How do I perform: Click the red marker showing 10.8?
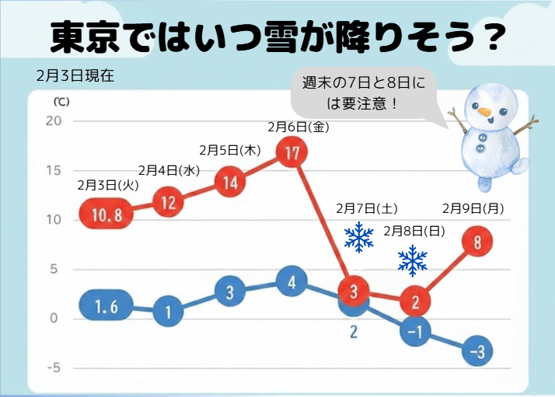pyautogui.click(x=107, y=215)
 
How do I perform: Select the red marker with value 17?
pyautogui.click(x=291, y=153)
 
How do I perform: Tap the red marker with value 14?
pyautogui.click(x=230, y=183)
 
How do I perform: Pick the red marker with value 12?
pyautogui.click(x=169, y=204)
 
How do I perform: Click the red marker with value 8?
pyautogui.click(x=476, y=242)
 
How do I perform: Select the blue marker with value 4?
pyautogui.click(x=291, y=282)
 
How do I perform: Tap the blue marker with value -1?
pyautogui.click(x=415, y=333)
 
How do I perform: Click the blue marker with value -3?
pyautogui.click(x=476, y=353)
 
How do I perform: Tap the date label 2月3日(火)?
pyautogui.click(x=107, y=185)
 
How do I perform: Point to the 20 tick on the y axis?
pyautogui.click(x=54, y=120)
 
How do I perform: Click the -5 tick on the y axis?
pyautogui.click(x=53, y=368)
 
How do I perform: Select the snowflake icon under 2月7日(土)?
pyautogui.click(x=359, y=237)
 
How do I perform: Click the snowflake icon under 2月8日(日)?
pyautogui.click(x=413, y=261)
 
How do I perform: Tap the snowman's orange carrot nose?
pyautogui.click(x=485, y=113)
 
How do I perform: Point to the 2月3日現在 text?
pyautogui.click(x=75, y=76)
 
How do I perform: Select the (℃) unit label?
pyautogui.click(x=61, y=102)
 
